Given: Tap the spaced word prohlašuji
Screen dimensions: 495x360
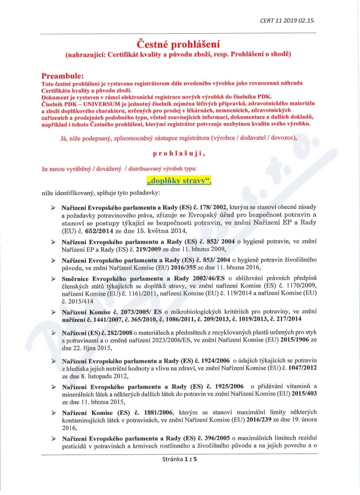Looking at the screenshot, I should pyautogui.click(x=179, y=153).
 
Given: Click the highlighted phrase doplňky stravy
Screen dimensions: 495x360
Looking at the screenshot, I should pyautogui.click(x=179, y=181).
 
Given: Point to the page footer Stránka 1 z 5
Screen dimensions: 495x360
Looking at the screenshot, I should pyautogui.click(x=180, y=459).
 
